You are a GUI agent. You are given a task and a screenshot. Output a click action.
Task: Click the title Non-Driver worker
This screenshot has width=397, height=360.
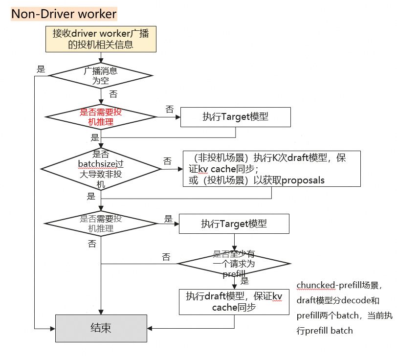pyautogui.click(x=64, y=14)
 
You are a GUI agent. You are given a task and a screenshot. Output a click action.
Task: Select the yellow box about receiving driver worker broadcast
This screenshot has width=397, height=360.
pyautogui.click(x=101, y=39)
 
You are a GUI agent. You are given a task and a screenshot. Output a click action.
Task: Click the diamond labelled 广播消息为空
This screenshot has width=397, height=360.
pyautogui.click(x=101, y=76)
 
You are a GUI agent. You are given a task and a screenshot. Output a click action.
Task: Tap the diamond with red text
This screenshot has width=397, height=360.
pyautogui.click(x=101, y=117)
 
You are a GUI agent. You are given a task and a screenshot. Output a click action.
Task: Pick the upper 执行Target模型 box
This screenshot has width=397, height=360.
pyautogui.click(x=236, y=117)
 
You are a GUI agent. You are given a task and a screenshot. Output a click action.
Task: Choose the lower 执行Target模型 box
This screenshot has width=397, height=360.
pyautogui.click(x=234, y=224)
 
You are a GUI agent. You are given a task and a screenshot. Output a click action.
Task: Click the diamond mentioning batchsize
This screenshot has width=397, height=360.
pyautogui.click(x=101, y=169)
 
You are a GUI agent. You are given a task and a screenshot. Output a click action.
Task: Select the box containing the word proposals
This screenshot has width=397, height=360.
pyautogui.click(x=272, y=169)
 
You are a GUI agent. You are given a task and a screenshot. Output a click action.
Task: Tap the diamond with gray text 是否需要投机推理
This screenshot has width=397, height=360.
pyautogui.click(x=101, y=224)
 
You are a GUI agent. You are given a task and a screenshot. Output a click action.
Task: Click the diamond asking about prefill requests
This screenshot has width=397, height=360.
pyautogui.click(x=234, y=264)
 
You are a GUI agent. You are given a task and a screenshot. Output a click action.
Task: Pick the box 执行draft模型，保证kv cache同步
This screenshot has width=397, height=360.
pyautogui.click(x=234, y=301)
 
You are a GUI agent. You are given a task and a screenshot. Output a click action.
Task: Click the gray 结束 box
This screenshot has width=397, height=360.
pyautogui.click(x=101, y=328)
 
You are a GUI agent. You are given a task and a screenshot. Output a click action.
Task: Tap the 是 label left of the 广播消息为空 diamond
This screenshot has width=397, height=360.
pyautogui.click(x=41, y=69)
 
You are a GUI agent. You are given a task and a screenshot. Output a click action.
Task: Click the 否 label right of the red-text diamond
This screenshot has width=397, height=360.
pyautogui.click(x=169, y=109)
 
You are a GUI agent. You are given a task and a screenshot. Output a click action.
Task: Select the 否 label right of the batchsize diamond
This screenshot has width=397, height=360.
pyautogui.click(x=167, y=161)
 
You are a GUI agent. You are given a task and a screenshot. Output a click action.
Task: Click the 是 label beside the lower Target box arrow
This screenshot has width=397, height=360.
pyautogui.click(x=168, y=219)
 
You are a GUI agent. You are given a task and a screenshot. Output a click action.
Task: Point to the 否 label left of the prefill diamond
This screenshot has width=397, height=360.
pyautogui.click(x=166, y=257)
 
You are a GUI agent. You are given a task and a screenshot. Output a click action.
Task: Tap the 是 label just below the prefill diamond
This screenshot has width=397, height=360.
pyautogui.click(x=245, y=281)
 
